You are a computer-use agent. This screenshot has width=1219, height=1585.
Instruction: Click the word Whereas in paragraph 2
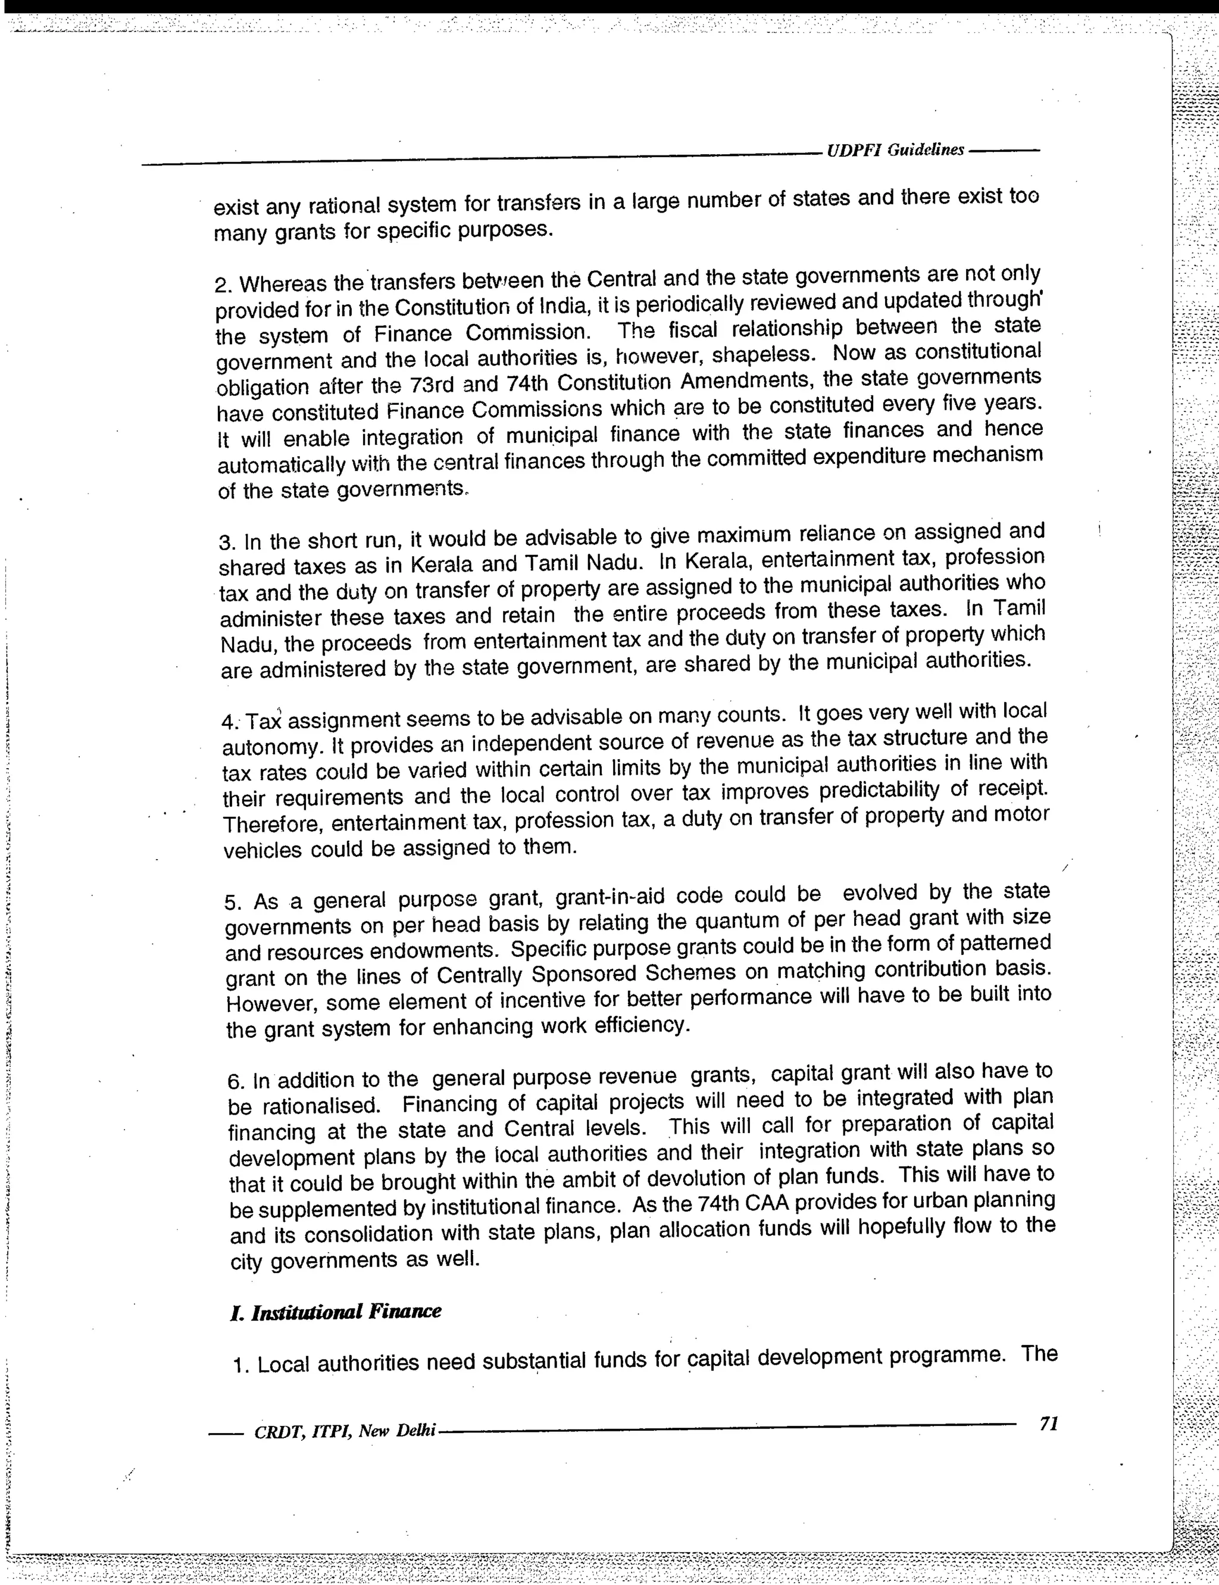click(x=284, y=283)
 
